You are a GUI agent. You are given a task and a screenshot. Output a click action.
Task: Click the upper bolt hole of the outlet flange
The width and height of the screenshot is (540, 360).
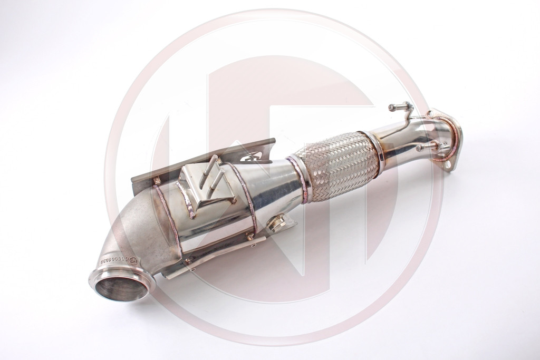pyautogui.click(x=433, y=114)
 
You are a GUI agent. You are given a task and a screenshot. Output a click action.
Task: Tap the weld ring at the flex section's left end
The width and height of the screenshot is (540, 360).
pyautogui.click(x=300, y=171)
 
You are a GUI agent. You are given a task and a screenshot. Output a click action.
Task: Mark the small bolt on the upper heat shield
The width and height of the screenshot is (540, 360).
pyautogui.click(x=157, y=181)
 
